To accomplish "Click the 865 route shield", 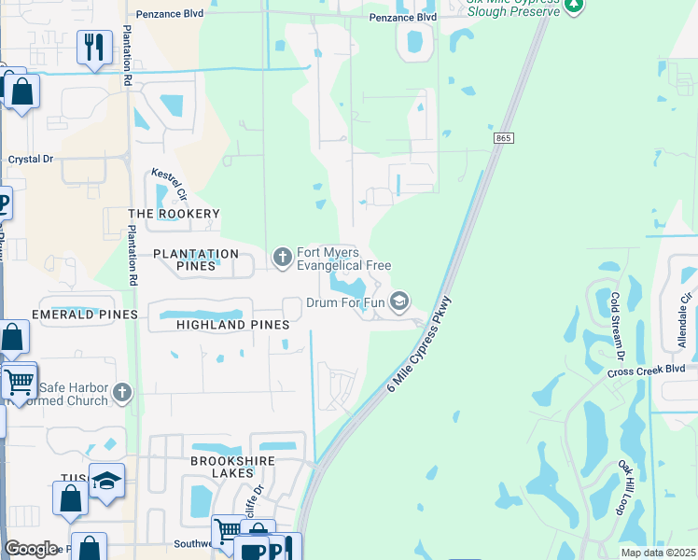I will [504, 138].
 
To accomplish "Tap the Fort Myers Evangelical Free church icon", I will [282, 257].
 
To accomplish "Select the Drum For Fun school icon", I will [399, 300].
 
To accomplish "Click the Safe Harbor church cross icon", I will [122, 395].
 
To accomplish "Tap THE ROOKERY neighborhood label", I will [174, 214].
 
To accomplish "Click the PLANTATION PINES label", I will [196, 254].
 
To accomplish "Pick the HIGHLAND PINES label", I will [232, 324].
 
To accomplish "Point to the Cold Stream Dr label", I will [616, 326].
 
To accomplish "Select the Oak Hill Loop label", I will [625, 485].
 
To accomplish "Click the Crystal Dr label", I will [31, 160].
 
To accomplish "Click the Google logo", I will [31, 548].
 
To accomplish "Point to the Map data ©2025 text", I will [658, 553].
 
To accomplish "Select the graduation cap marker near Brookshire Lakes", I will [106, 481].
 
